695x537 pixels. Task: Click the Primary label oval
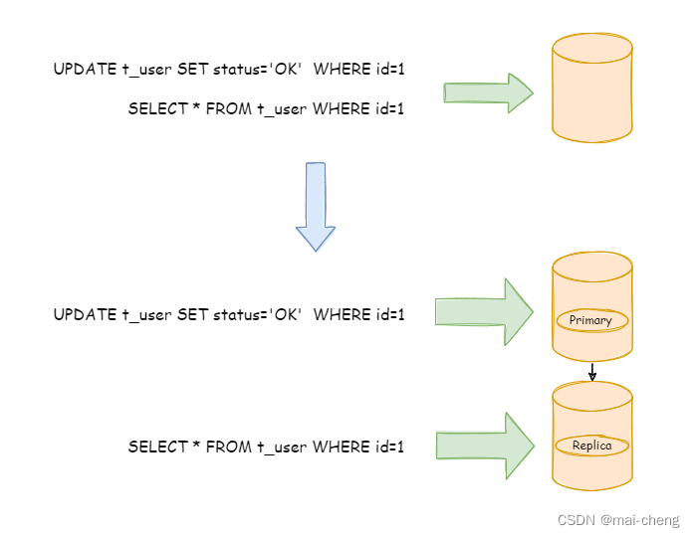tap(591, 320)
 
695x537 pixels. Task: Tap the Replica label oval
tap(591, 446)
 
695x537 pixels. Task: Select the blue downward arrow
tap(316, 207)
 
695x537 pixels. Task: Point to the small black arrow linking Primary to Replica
tap(592, 373)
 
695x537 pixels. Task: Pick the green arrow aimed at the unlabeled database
tap(488, 93)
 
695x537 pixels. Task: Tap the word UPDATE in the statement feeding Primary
tap(85, 315)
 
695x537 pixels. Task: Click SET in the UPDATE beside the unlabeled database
tap(192, 69)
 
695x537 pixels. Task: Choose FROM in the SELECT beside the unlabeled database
tap(228, 109)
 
